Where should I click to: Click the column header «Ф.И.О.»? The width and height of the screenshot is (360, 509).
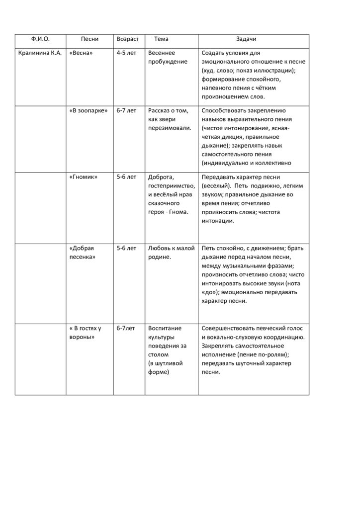pyautogui.click(x=40, y=39)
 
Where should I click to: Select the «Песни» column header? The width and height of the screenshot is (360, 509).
pyautogui.click(x=90, y=39)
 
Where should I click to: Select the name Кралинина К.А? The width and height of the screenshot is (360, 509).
pyautogui.click(x=40, y=53)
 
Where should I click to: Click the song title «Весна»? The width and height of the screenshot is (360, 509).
pyautogui.click(x=82, y=53)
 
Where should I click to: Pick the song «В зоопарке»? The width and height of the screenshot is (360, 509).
pyautogui.click(x=89, y=111)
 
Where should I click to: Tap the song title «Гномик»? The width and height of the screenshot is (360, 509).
pyautogui.click(x=83, y=177)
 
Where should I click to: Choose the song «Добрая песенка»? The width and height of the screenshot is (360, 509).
pyautogui.click(x=83, y=253)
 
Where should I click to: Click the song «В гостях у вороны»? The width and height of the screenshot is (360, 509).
pyautogui.click(x=85, y=333)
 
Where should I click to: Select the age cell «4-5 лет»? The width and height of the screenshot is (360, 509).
pyautogui.click(x=126, y=53)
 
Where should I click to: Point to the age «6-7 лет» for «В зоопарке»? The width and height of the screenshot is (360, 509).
pyautogui.click(x=126, y=111)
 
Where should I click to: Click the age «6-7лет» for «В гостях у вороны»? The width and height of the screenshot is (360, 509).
pyautogui.click(x=125, y=329)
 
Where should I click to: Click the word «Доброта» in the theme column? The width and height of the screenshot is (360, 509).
pyautogui.click(x=161, y=177)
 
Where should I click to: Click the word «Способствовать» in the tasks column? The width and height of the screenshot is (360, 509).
pyautogui.click(x=222, y=111)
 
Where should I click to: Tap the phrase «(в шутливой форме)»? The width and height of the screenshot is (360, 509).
pyautogui.click(x=165, y=368)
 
